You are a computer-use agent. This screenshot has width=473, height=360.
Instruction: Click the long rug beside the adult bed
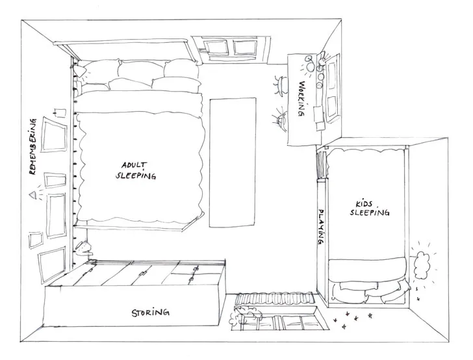233,162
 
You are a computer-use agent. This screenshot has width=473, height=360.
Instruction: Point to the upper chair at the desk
279,83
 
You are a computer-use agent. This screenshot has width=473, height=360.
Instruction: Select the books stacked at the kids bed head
321,162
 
